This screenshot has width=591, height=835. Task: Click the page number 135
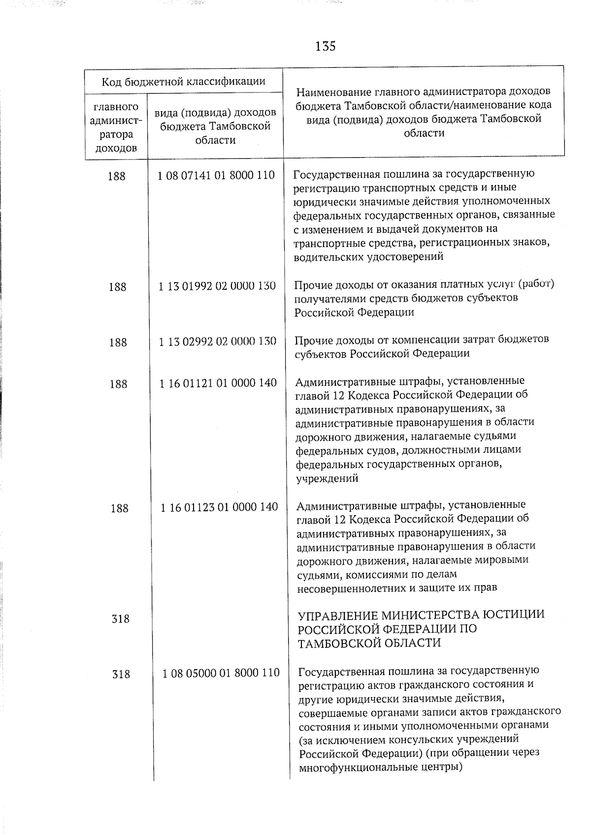(x=325, y=46)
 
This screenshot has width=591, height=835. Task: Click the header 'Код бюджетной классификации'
(x=183, y=81)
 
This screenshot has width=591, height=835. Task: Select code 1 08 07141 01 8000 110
(x=216, y=175)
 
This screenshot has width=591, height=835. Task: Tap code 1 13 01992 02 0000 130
(x=217, y=286)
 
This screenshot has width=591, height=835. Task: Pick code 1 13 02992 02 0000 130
(x=218, y=341)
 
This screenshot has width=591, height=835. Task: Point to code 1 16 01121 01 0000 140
(x=218, y=383)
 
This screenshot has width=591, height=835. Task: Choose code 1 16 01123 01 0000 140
(x=219, y=507)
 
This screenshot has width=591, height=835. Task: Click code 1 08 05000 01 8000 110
(x=221, y=673)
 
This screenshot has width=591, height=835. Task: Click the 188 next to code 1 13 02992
(x=118, y=342)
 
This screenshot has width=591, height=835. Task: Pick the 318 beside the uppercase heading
(x=121, y=619)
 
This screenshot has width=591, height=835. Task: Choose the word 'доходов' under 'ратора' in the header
(x=116, y=148)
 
